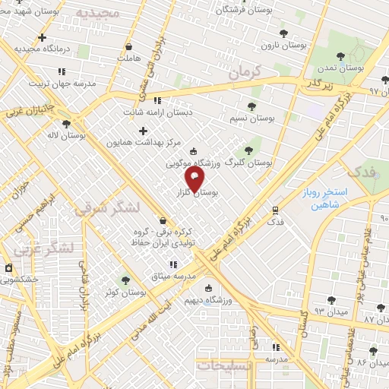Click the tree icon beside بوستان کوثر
[126, 280]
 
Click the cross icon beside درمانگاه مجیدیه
[42, 37]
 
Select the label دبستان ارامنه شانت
[157, 112]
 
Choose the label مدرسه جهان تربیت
[62, 84]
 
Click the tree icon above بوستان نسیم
[253, 106]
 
